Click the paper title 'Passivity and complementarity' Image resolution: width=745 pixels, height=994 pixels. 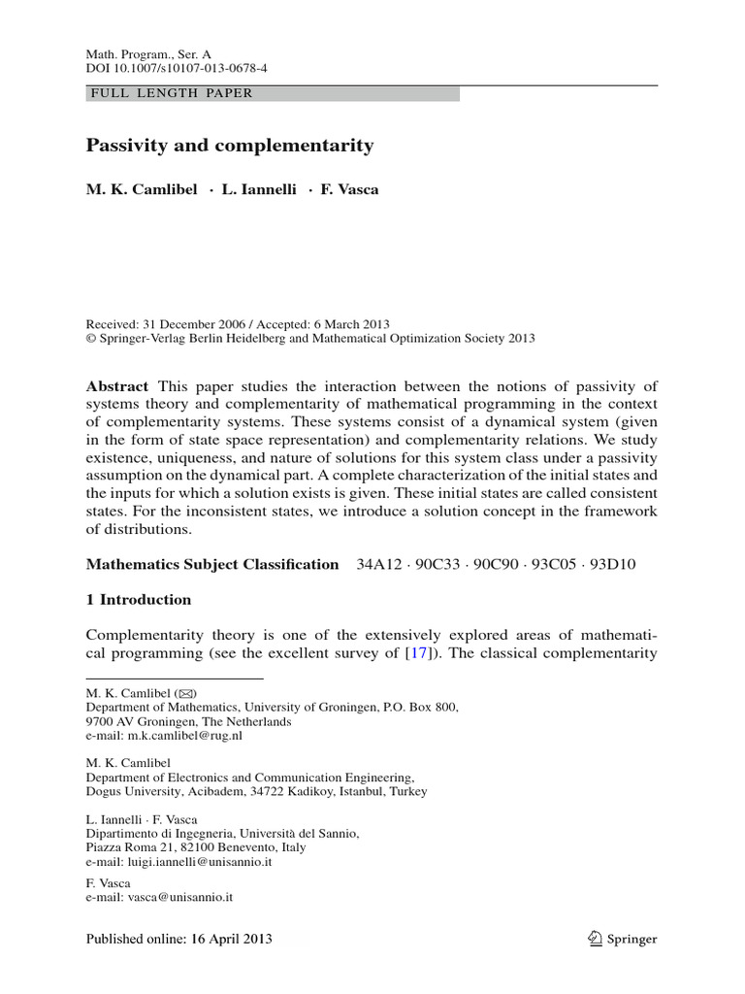click(x=230, y=146)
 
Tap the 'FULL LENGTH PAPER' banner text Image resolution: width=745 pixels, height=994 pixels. click(x=170, y=93)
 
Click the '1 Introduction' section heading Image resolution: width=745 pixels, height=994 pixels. click(x=139, y=599)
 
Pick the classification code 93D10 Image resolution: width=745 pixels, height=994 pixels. click(x=610, y=564)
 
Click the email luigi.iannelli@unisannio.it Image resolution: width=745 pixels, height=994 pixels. click(x=201, y=861)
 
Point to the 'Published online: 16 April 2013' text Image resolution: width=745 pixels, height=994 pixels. click(x=179, y=939)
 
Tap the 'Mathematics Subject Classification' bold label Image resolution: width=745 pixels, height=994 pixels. click(x=212, y=564)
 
